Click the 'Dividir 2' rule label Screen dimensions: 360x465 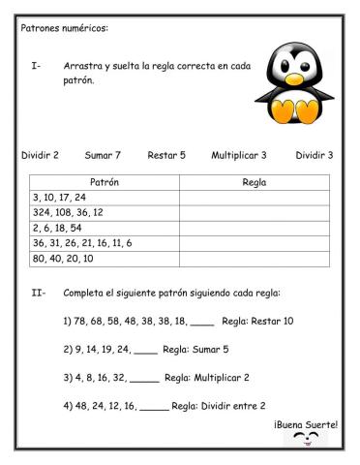coord(40,155)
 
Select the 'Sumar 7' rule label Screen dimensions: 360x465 coord(103,155)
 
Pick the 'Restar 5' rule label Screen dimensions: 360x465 coord(166,155)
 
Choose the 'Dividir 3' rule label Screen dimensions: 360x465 coord(315,155)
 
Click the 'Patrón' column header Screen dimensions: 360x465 coord(104,182)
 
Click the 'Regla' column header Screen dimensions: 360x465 coord(254,182)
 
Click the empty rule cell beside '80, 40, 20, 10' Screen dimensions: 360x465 coord(254,259)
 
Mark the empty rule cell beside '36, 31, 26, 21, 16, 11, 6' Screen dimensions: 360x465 coord(254,243)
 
